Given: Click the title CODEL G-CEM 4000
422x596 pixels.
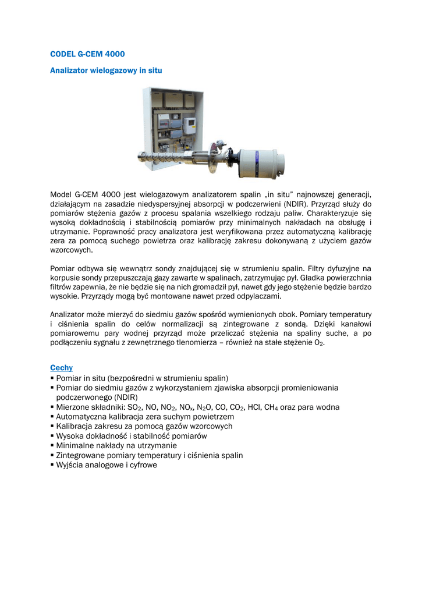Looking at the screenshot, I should click(x=87, y=54).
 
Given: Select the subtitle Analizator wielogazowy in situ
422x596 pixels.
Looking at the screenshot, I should click(x=106, y=70).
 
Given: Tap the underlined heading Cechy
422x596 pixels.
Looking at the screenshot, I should click(x=61, y=368).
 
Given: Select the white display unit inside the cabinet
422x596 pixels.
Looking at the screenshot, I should click(x=189, y=123).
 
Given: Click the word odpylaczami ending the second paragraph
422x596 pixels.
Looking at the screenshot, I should click(x=258, y=296).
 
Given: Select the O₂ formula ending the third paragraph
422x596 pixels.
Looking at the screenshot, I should click(x=319, y=343).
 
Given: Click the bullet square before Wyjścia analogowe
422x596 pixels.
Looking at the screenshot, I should click(x=52, y=464).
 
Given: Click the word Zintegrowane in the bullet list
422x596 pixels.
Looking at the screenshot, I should click(x=80, y=455).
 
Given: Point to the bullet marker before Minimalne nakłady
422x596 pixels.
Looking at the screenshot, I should click(x=52, y=445).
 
